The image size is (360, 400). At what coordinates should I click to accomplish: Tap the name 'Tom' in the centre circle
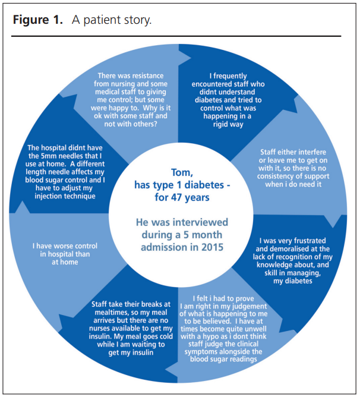pyautogui.click(x=178, y=174)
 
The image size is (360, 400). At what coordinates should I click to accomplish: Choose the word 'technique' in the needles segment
pyautogui.click(x=76, y=196)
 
